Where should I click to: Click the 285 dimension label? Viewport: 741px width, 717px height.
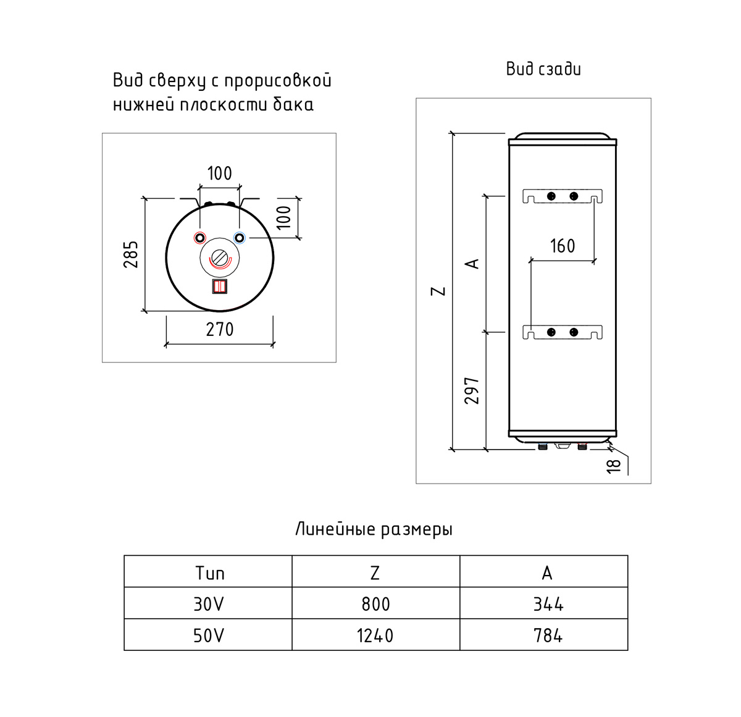131,254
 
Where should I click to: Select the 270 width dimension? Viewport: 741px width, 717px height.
220,330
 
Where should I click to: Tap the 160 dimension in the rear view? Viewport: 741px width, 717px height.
563,246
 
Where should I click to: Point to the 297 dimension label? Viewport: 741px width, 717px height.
471,391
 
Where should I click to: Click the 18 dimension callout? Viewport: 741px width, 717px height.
613,466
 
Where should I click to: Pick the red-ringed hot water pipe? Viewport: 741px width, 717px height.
199,238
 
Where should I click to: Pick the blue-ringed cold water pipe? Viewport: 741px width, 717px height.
239,238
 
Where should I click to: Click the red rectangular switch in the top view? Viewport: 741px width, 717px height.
220,287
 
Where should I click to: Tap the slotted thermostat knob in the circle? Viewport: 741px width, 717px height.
220,258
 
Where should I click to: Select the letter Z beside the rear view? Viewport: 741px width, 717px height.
438,291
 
